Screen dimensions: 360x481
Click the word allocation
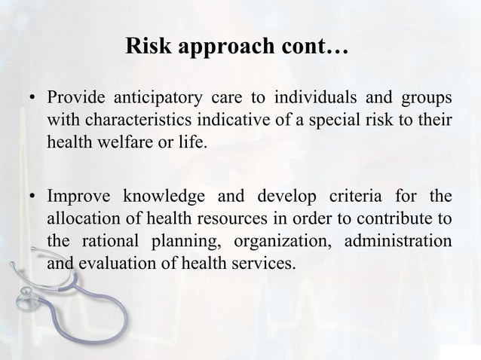(x=81, y=218)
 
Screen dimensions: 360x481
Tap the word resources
(x=213, y=218)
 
